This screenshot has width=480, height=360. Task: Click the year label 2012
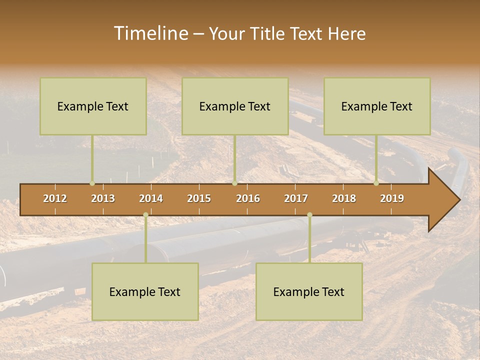click(55, 198)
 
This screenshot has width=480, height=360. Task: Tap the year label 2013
click(103, 198)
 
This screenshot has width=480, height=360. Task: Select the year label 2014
click(151, 198)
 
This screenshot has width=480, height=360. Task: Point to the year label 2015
click(199, 198)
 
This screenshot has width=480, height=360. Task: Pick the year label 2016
click(248, 198)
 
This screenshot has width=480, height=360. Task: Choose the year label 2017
click(296, 198)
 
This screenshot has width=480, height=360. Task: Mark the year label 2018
click(344, 198)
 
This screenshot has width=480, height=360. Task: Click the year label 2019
click(392, 198)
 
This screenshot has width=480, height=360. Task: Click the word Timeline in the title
click(150, 33)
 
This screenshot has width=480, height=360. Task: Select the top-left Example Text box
click(93, 106)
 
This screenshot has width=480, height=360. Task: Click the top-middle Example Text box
click(235, 106)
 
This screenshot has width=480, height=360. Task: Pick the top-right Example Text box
click(377, 106)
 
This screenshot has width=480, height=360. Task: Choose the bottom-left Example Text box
click(145, 291)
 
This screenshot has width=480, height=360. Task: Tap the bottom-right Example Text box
click(309, 291)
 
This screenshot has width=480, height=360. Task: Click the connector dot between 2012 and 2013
click(92, 183)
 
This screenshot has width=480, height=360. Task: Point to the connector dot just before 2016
click(234, 183)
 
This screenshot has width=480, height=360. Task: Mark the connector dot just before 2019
click(376, 183)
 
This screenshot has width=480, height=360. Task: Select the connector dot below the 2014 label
click(145, 215)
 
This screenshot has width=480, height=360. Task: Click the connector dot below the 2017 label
click(309, 215)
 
